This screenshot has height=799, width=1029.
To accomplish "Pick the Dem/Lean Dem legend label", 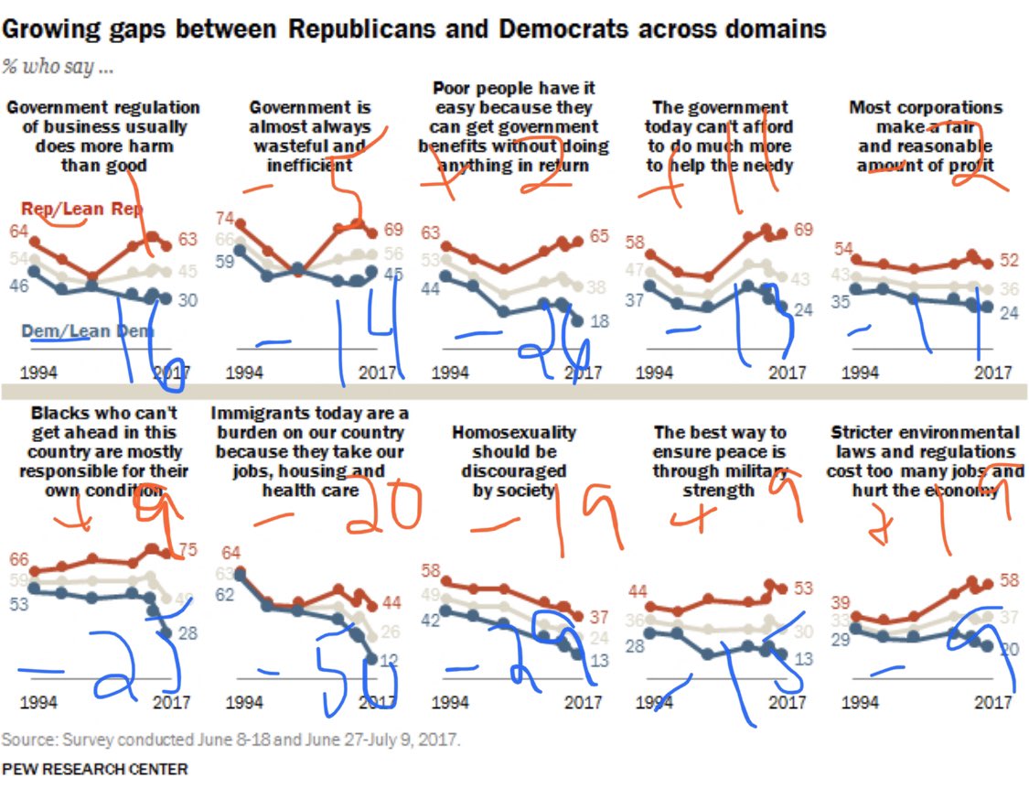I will tap(86, 331).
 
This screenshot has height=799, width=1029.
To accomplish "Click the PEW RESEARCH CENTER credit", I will tap(95, 769).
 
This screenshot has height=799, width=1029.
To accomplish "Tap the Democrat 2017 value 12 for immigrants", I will tap(389, 659).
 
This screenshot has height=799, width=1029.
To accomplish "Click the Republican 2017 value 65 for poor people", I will tap(598, 235).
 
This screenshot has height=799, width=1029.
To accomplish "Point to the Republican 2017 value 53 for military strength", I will tap(803, 588).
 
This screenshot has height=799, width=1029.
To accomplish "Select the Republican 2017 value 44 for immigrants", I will tap(391, 602).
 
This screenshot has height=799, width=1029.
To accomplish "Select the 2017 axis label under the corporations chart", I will tap(991, 373).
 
